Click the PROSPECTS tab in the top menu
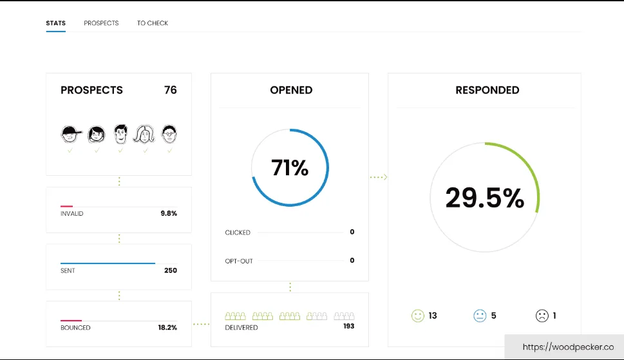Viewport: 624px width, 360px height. click(x=101, y=23)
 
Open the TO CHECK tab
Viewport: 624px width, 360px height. click(x=153, y=23)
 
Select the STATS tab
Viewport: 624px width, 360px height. click(x=55, y=23)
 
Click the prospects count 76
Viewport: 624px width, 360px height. click(x=170, y=90)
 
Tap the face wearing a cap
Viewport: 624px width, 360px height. click(x=71, y=134)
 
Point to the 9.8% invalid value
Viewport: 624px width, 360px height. click(x=169, y=213)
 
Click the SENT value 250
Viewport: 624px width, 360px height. click(x=170, y=270)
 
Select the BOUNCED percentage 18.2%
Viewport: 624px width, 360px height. click(x=167, y=328)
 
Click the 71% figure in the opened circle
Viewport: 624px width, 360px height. click(x=290, y=168)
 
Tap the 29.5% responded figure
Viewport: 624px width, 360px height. click(x=484, y=198)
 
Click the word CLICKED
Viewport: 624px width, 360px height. click(x=238, y=232)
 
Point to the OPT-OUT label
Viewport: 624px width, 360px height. click(x=239, y=261)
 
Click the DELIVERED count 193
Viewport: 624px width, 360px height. click(x=348, y=327)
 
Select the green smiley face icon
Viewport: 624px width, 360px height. click(x=418, y=316)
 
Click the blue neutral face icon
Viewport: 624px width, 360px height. click(x=480, y=316)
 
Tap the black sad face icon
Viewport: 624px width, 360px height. click(x=542, y=316)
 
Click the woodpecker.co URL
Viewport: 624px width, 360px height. click(x=568, y=347)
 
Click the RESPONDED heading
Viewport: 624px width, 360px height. click(x=487, y=90)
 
